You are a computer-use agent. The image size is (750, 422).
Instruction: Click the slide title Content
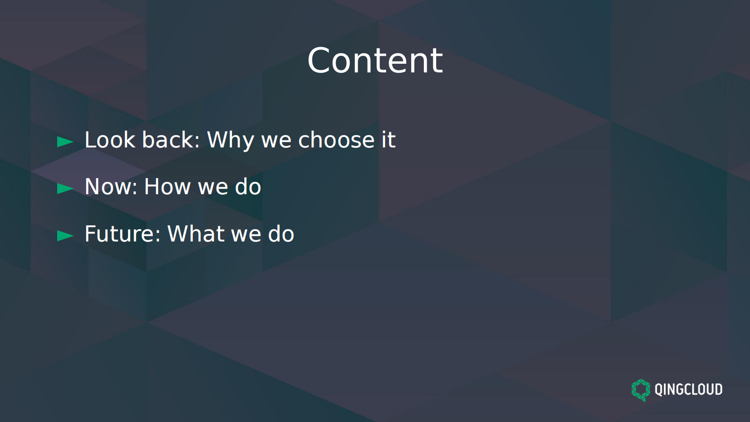coord(375,60)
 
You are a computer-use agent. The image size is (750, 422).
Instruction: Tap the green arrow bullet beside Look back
coord(65,141)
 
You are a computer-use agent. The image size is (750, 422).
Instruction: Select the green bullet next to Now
coord(65,189)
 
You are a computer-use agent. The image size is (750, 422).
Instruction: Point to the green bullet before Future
coord(65,235)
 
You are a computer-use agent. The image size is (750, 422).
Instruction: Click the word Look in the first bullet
coord(110,140)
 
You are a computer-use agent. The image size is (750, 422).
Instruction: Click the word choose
coord(336,140)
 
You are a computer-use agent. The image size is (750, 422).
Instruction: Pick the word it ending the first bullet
coord(388,140)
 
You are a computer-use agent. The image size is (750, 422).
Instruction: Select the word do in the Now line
coord(248,187)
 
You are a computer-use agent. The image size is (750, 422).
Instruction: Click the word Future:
coord(123,234)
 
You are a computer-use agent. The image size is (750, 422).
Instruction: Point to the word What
coord(196,234)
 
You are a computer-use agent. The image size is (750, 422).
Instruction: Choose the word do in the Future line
coord(281,234)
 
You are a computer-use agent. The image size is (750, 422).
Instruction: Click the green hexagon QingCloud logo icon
coord(641,390)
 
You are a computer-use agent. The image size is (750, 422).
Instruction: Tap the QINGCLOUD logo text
coord(688,389)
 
